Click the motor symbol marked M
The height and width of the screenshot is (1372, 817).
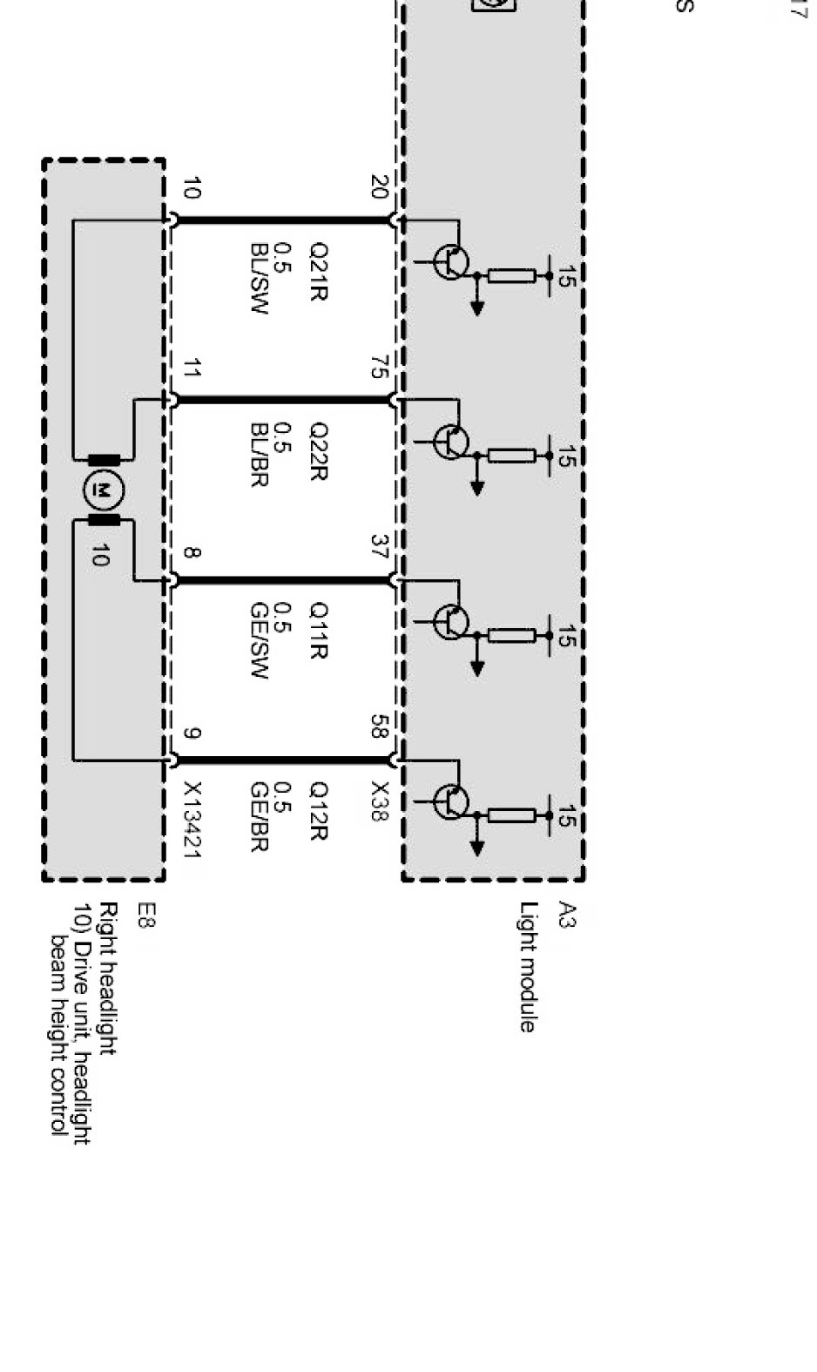click(x=103, y=490)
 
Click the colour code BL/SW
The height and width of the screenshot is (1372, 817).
click(x=258, y=291)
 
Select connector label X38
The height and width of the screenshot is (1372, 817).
click(x=379, y=801)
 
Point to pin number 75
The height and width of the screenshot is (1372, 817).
click(x=378, y=368)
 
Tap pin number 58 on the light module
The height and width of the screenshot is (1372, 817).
click(x=378, y=727)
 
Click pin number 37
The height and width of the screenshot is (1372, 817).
click(x=378, y=548)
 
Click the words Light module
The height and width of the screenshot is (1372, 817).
click(x=527, y=967)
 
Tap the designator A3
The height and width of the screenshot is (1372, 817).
click(x=566, y=916)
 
